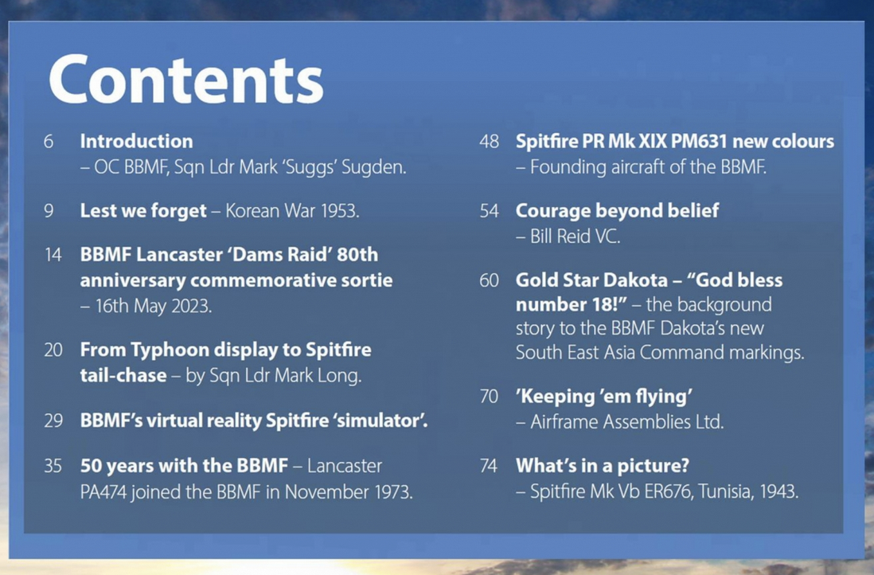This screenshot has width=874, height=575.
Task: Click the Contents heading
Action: click(185, 80)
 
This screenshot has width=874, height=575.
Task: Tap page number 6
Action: click(49, 141)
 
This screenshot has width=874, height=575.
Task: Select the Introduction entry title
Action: click(137, 141)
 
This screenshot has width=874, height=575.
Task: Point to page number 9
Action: click(49, 211)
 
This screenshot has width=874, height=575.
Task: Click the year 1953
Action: click(339, 211)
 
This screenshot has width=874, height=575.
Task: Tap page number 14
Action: click(53, 255)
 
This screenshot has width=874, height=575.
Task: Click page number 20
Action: click(53, 350)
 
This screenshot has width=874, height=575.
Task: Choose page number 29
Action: click(53, 420)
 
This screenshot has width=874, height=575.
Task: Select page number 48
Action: click(489, 141)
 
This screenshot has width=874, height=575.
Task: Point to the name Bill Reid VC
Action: click(575, 237)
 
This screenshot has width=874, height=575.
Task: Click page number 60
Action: click(489, 280)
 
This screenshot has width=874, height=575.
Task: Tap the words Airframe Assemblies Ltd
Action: click(627, 421)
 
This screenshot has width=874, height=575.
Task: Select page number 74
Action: click(488, 466)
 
